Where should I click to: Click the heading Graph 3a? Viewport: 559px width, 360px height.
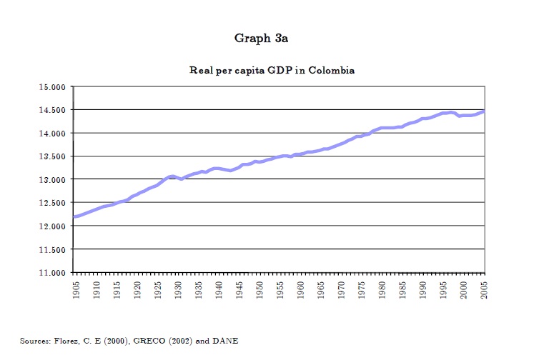pyautogui.click(x=261, y=38)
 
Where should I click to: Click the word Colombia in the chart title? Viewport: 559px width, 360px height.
pyautogui.click(x=332, y=71)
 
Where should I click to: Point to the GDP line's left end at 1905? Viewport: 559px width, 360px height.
pyautogui.click(x=74, y=216)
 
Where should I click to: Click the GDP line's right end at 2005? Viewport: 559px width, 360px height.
pyautogui.click(x=484, y=111)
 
